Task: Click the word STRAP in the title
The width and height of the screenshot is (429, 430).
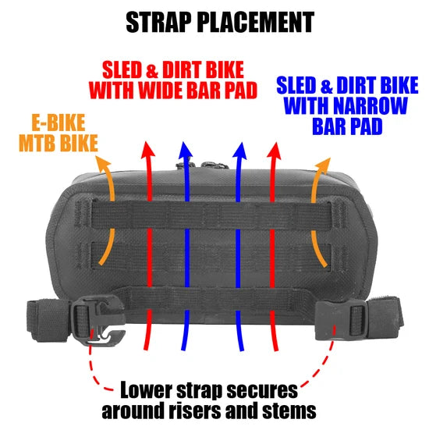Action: click(158, 23)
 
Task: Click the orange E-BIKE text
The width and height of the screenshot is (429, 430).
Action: click(58, 123)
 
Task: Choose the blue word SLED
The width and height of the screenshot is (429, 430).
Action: click(296, 85)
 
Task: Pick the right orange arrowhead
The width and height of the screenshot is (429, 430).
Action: click(323, 166)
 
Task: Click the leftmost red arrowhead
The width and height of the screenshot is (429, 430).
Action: click(147, 150)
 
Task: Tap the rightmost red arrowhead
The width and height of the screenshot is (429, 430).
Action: click(274, 151)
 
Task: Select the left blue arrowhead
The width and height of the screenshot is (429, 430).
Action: click(186, 151)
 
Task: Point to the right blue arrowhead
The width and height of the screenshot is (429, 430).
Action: click(240, 151)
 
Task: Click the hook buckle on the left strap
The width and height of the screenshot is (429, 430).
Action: click(99, 320)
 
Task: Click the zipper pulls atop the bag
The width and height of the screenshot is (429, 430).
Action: click(202, 165)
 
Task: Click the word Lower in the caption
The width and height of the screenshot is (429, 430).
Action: click(147, 390)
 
